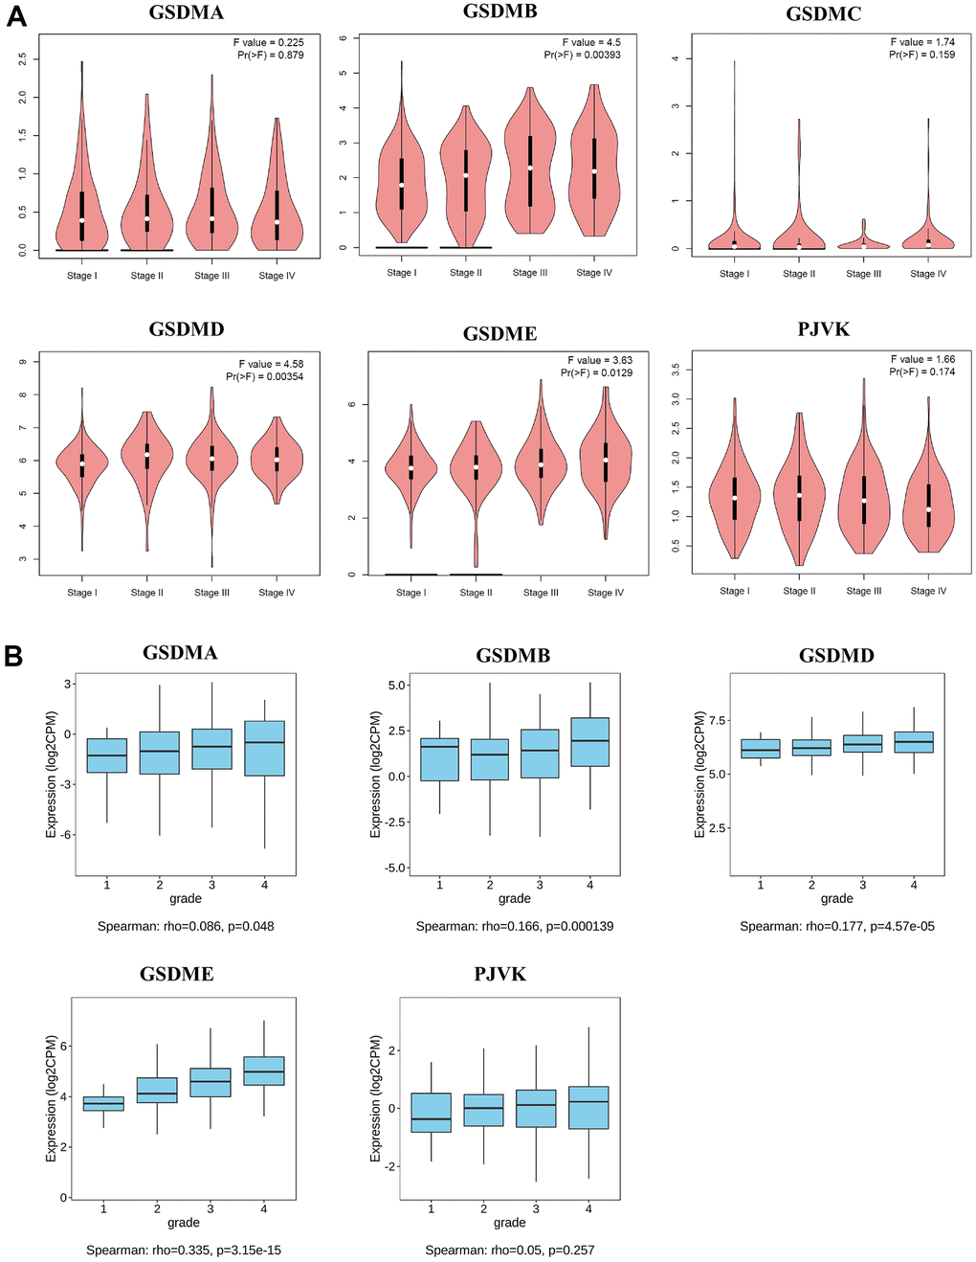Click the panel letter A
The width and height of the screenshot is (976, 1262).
(x=16, y=16)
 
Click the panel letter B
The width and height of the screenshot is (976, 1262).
(x=14, y=656)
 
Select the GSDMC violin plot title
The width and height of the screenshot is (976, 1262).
(x=823, y=14)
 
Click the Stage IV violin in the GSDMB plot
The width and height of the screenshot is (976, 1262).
(x=594, y=163)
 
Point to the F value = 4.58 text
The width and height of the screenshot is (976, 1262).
(x=271, y=364)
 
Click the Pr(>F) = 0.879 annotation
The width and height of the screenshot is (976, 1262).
(x=271, y=56)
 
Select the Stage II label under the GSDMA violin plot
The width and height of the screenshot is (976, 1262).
(x=146, y=276)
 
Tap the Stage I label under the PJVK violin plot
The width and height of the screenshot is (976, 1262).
(x=734, y=592)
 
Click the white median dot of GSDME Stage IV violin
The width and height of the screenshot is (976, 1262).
(x=605, y=461)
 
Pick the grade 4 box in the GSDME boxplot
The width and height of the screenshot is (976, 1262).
(x=263, y=1070)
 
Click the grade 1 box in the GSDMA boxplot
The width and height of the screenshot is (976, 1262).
(x=106, y=755)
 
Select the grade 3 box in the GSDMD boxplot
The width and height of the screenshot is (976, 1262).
(x=862, y=744)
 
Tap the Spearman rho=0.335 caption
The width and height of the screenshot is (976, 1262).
(x=184, y=1250)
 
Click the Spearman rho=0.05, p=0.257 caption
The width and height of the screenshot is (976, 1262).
(x=509, y=1250)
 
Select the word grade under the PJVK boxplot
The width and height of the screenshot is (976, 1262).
(x=509, y=1223)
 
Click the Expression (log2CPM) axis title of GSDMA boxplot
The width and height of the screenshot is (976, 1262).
(x=52, y=774)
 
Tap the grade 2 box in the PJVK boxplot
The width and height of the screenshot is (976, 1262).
(x=483, y=1110)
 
